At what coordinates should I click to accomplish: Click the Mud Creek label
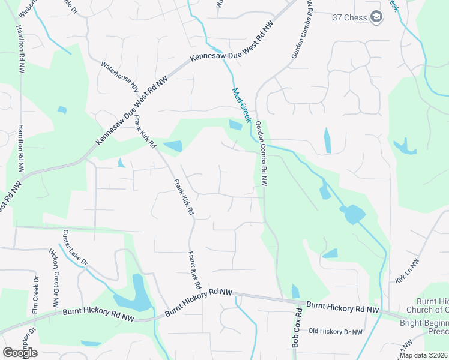click(x=241, y=106)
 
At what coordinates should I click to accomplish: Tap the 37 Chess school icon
click(x=376, y=17)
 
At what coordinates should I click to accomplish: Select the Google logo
click(x=20, y=352)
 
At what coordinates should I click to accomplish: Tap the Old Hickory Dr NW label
click(x=336, y=331)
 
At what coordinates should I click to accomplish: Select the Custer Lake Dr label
click(x=76, y=248)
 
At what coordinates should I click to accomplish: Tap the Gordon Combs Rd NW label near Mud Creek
click(x=261, y=153)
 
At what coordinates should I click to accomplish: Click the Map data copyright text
click(x=423, y=355)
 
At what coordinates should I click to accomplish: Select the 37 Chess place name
click(x=349, y=17)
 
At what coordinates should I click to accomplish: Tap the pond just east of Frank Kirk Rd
click(x=173, y=146)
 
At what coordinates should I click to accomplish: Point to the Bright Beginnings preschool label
click(x=424, y=328)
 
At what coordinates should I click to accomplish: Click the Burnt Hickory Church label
click(x=432, y=305)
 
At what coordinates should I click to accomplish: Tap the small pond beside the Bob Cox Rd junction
click(x=295, y=292)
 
